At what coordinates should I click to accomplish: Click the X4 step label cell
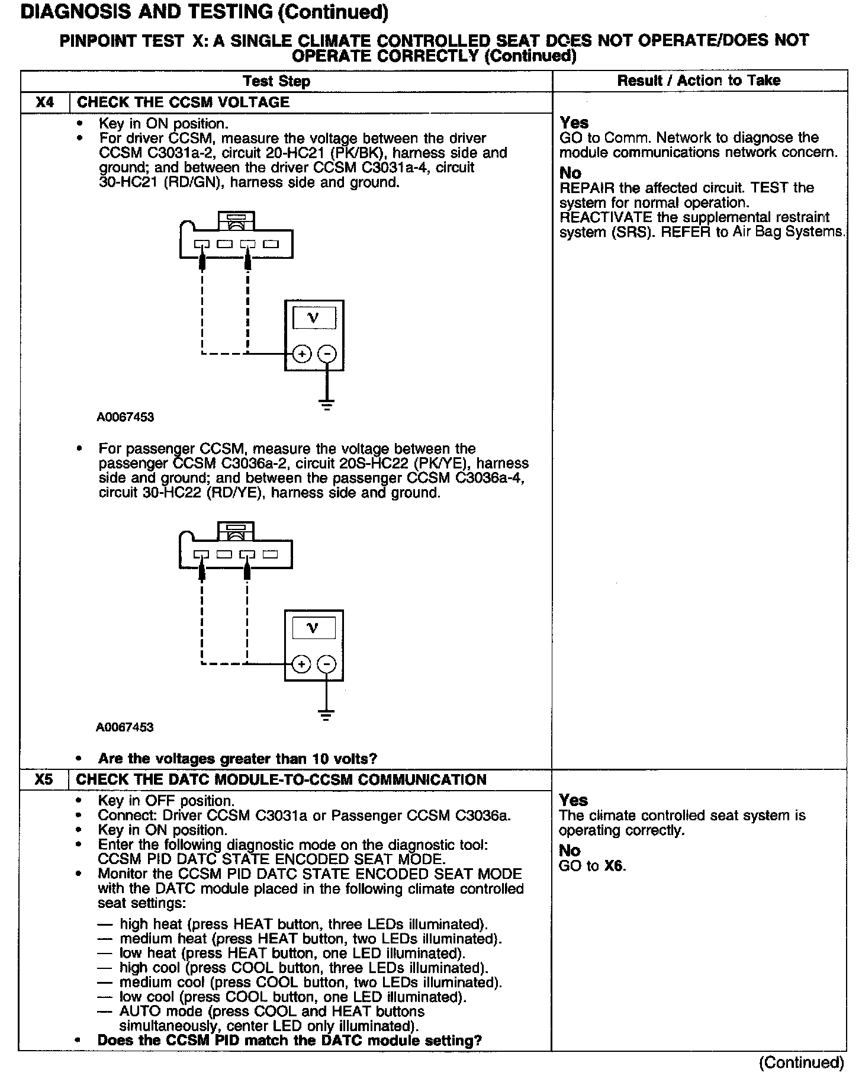click(44, 102)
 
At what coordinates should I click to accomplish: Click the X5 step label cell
click(44, 779)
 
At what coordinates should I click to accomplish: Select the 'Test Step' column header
click(276, 81)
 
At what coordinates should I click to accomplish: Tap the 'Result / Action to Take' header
click(699, 81)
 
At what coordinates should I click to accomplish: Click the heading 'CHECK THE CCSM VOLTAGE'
click(183, 102)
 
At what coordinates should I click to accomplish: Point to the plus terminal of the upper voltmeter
click(302, 354)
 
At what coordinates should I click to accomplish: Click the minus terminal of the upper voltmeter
click(327, 354)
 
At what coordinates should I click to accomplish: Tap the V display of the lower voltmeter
click(313, 628)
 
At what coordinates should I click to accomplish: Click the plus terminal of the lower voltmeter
click(301, 664)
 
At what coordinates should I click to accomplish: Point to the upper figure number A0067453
click(125, 417)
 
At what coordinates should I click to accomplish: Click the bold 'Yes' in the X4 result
click(574, 123)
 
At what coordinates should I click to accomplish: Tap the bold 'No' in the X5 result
click(570, 850)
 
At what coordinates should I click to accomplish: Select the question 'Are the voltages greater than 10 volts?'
click(237, 759)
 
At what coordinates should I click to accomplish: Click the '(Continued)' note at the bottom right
click(801, 1063)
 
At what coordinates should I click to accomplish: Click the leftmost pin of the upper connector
click(202, 244)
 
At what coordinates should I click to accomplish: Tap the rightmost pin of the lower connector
click(271, 554)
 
